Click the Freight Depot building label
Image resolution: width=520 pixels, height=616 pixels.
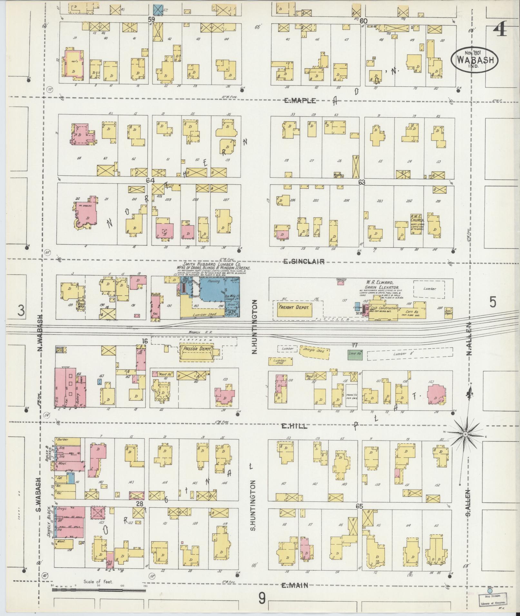(293, 307)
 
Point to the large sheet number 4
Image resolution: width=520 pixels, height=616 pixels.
(500, 30)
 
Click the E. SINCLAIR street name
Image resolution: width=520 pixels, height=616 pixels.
(303, 262)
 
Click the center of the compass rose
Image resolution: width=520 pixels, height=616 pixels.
(465, 435)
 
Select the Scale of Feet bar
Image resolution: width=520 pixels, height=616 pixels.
(98, 590)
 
